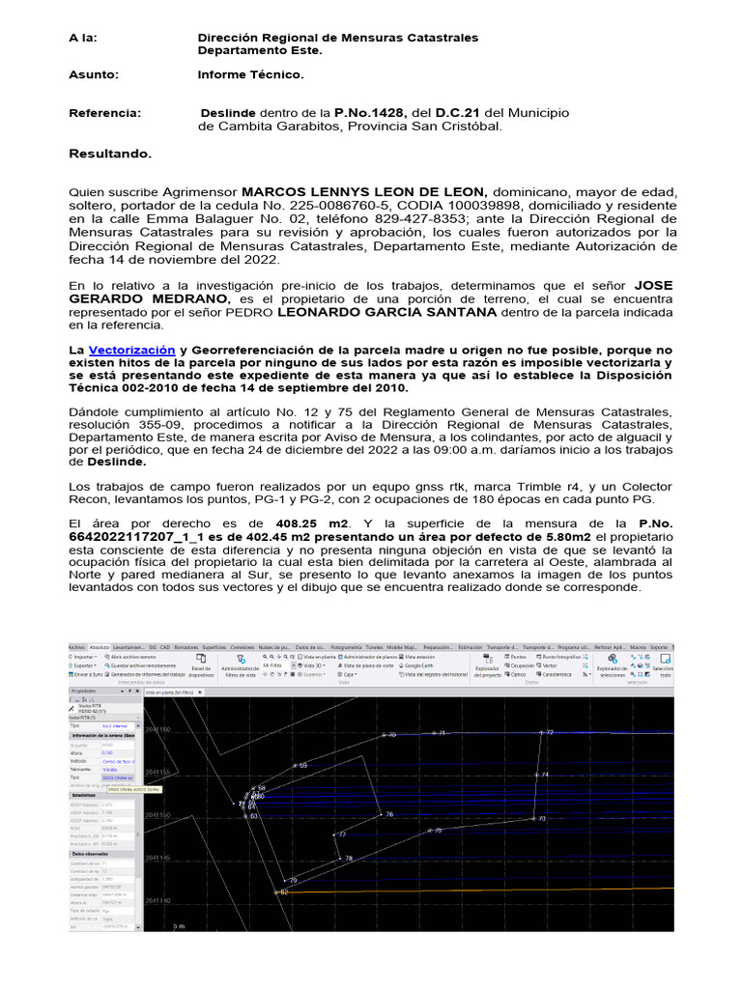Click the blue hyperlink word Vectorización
point(132,350)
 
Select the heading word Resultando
point(110,154)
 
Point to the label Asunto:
point(94,74)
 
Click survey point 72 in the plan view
point(549,732)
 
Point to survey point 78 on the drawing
point(348,858)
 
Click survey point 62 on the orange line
point(283,892)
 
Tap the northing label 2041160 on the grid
point(157,730)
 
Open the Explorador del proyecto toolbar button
point(488,666)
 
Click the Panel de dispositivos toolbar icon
point(201,665)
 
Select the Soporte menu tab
point(659,646)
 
